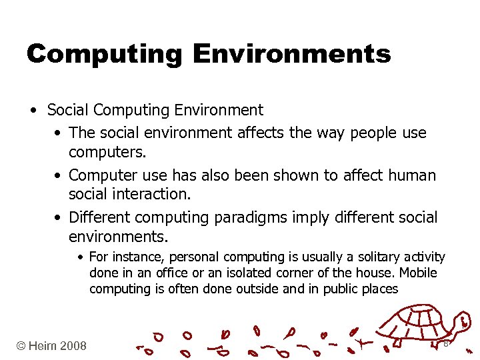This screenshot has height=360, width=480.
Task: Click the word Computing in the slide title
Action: click(105, 53)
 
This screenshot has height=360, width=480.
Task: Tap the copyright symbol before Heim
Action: click(22, 345)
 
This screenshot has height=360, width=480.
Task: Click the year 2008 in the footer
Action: click(73, 345)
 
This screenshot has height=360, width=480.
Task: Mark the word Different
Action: click(104, 217)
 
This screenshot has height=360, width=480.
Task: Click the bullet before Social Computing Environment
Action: click(32, 109)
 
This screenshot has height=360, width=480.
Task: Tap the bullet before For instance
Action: click(80, 257)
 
